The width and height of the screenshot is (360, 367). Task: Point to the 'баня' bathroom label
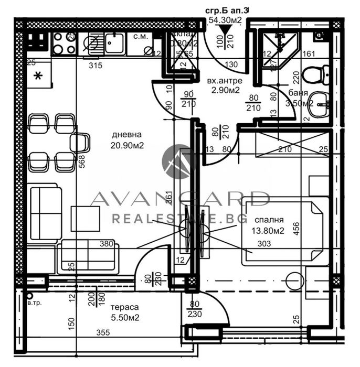pos(298,93)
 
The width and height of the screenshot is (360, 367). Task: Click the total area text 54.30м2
pos(225,20)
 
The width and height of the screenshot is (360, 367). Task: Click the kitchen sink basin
pos(114,43)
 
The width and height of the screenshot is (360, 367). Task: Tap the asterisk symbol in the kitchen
pos(37,77)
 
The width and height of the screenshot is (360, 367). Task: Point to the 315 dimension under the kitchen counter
pos(95,66)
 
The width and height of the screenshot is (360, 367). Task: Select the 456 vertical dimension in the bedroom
pos(297,231)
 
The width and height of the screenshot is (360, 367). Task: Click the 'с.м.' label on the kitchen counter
pos(140,36)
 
